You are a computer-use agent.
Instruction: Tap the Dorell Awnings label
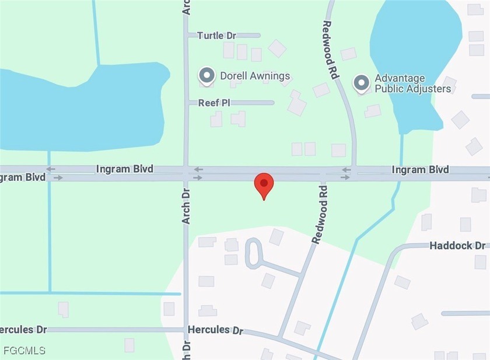[255, 76]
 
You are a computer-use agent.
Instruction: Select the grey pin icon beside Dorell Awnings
[206, 76]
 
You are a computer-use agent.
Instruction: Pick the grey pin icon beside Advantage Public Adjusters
[362, 83]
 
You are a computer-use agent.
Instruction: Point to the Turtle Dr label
[216, 36]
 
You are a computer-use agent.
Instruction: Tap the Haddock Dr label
[457, 246]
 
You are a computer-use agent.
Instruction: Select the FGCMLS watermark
[23, 351]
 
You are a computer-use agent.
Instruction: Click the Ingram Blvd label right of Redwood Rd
[421, 170]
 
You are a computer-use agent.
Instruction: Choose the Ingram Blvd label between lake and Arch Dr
[125, 169]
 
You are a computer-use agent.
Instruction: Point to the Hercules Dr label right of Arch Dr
[215, 330]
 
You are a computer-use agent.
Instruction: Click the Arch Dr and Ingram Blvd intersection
[185, 173]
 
